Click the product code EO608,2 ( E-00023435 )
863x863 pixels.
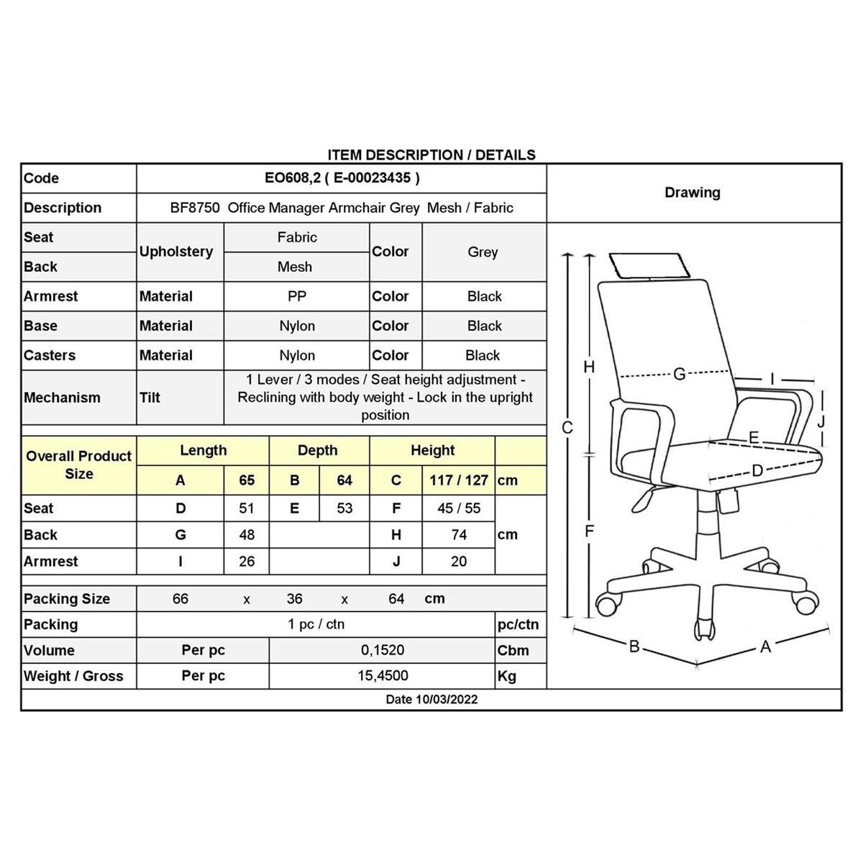pos(342,178)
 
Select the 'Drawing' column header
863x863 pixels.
pos(693,193)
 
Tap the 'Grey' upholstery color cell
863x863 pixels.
pos(483,252)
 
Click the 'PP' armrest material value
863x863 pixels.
pos(297,296)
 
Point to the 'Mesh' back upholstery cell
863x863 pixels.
pos(295,267)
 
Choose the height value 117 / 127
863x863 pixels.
pos(459,480)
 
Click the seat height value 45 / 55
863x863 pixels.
pos(459,508)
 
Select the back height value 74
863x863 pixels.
pos(459,535)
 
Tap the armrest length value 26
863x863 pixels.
pos(247,562)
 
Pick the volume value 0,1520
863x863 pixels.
pos(383,650)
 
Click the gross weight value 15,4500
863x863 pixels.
pos(383,676)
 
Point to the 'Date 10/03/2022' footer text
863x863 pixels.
pos(431,700)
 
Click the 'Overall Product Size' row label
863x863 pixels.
pos(79,465)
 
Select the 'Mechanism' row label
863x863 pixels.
pos(63,398)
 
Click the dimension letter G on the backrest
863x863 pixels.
pos(680,373)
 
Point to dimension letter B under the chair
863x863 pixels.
pos(634,647)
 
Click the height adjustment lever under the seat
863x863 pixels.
pos(643,501)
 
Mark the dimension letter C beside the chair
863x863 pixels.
pos(567,428)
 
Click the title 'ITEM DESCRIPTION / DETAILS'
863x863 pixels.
pos(431,155)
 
